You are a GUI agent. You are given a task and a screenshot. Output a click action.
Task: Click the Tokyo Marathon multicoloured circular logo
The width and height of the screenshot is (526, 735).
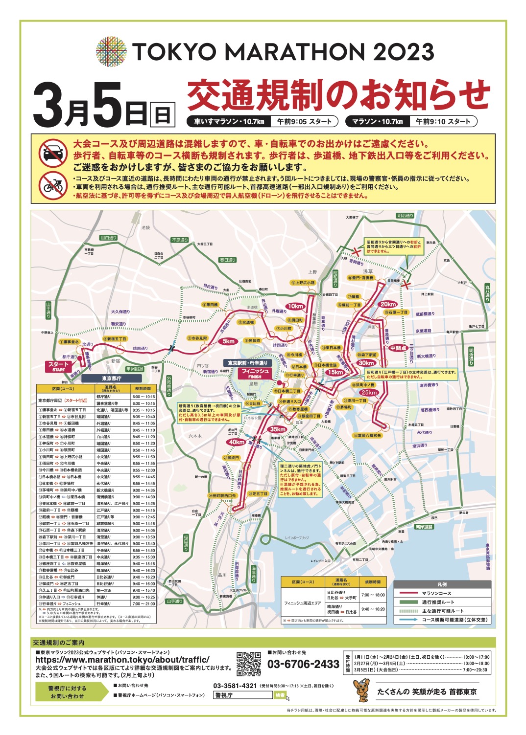(111, 51)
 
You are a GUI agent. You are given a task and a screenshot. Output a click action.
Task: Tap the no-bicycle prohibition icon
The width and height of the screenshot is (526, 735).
(53, 185)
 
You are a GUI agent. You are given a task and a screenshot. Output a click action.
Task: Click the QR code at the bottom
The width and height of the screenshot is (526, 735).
(249, 663)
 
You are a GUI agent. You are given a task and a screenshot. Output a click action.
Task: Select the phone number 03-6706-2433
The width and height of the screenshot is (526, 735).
(303, 664)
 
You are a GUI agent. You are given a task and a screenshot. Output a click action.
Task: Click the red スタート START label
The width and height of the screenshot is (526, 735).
(58, 366)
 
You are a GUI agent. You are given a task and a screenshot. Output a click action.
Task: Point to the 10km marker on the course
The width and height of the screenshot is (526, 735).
(295, 306)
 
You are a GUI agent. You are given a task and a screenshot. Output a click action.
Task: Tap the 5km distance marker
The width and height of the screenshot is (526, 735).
(229, 341)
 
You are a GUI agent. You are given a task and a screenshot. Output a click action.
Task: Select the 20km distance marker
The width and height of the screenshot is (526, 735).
(388, 304)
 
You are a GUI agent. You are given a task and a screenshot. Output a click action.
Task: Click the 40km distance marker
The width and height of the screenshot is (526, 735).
(236, 442)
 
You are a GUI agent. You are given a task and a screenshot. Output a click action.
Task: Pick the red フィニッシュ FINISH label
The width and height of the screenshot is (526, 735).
(255, 373)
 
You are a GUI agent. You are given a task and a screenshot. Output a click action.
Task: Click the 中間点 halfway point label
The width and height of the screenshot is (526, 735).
(398, 348)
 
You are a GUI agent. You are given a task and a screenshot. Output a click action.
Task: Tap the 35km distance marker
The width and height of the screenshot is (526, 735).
(278, 429)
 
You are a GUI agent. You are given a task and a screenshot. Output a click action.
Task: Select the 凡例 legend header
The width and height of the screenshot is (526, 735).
(442, 584)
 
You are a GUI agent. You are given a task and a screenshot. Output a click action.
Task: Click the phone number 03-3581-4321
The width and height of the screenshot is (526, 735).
(235, 686)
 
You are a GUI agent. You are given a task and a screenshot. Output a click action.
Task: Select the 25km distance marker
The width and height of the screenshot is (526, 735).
(369, 392)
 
